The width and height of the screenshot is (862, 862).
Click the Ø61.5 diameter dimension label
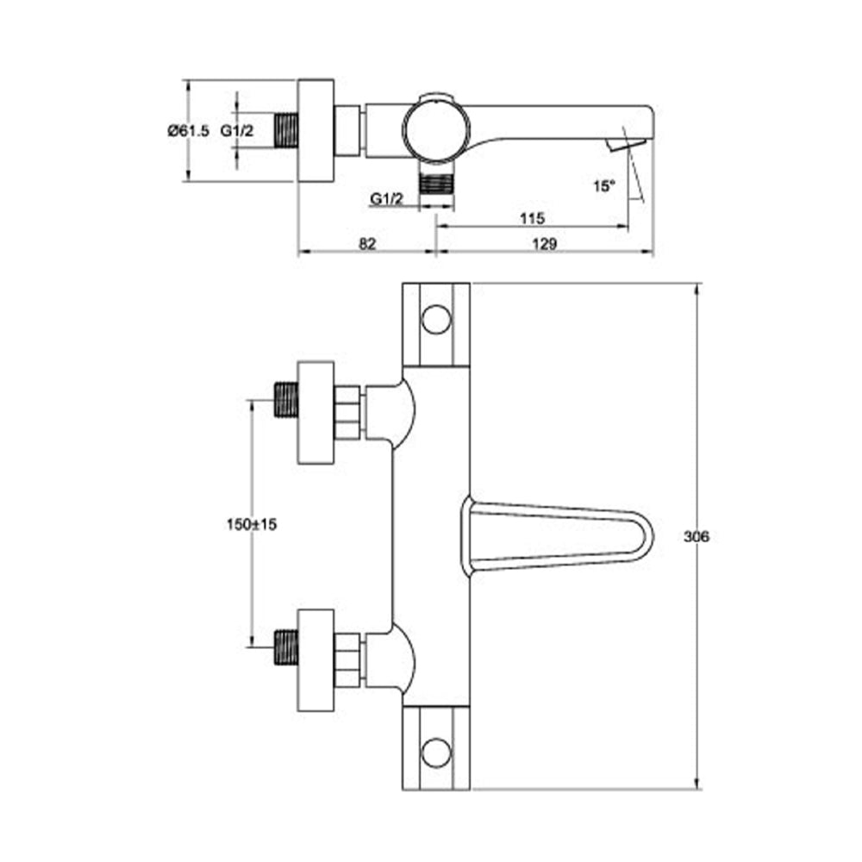coord(189,131)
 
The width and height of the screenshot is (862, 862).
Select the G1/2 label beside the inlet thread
coord(237,131)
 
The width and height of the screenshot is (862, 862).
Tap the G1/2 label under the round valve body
coord(387,198)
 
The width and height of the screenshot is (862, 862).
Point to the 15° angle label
coord(604,184)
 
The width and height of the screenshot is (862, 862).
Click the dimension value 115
coord(531,219)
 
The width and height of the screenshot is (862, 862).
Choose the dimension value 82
coord(367,244)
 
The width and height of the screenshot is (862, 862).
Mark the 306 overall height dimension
coord(696,536)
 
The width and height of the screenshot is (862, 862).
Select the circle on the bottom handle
coord(437,753)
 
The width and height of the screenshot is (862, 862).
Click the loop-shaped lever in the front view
coord(556,539)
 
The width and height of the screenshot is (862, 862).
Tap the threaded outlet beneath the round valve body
coord(436,183)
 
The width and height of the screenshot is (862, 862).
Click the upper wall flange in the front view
coord(315,412)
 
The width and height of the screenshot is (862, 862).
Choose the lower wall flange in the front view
coord(315,659)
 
